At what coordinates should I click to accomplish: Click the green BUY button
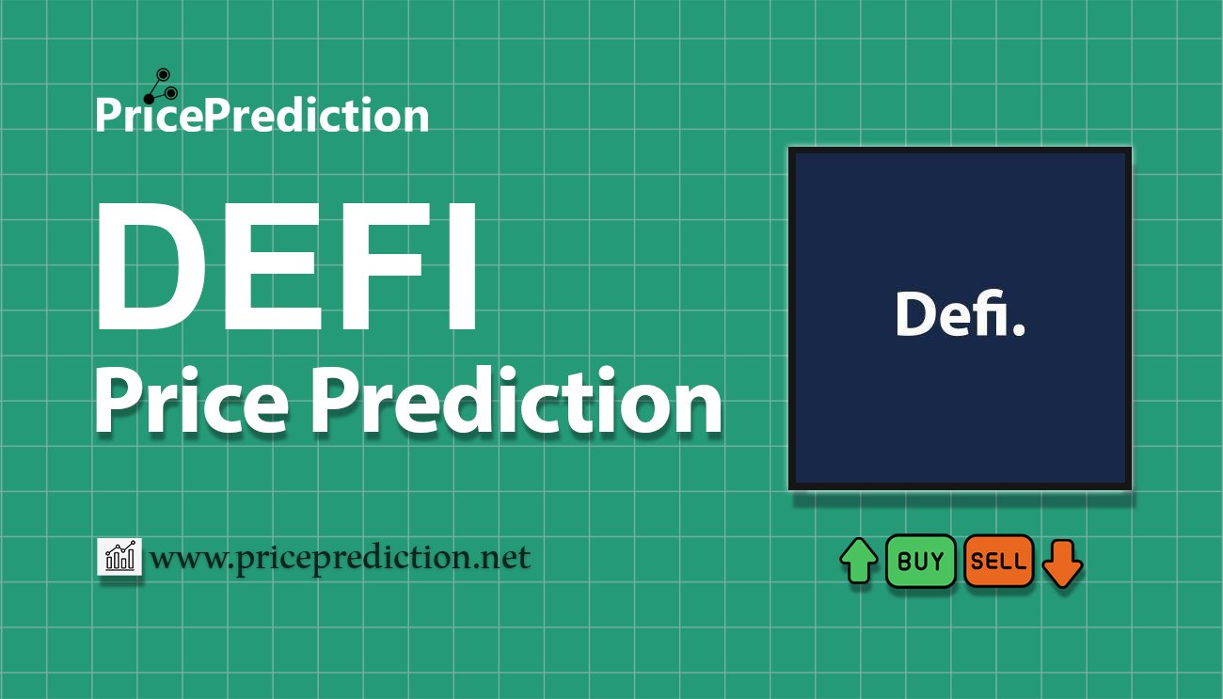(x=920, y=561)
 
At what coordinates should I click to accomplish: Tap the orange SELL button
(x=999, y=561)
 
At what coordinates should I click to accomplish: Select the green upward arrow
(x=859, y=561)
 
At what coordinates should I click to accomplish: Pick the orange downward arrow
(x=1062, y=564)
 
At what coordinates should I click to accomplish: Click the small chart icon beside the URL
(x=119, y=556)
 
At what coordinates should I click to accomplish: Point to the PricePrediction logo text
(x=262, y=115)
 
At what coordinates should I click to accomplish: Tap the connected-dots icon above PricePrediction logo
(x=161, y=87)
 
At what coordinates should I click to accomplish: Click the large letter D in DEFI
(x=151, y=266)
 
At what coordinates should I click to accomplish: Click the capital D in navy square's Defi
(x=915, y=314)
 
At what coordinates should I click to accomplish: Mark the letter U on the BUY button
(x=920, y=561)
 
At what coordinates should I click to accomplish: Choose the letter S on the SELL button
(x=977, y=561)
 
